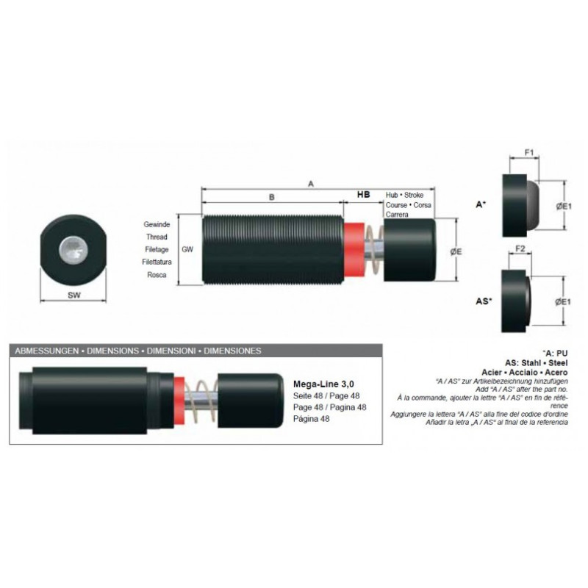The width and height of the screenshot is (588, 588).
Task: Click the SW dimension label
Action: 74,295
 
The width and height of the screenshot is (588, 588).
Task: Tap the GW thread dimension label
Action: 187,249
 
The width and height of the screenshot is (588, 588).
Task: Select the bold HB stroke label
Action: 363,194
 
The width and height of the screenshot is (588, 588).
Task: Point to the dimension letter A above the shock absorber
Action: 310,184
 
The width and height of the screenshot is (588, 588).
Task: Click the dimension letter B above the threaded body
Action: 272,197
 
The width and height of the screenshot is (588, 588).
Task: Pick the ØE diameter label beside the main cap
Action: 456,251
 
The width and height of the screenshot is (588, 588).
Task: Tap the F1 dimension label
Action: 528,152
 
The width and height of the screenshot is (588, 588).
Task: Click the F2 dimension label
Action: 520,248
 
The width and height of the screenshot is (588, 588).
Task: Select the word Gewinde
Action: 157,225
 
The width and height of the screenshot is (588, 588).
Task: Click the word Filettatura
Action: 157,262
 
